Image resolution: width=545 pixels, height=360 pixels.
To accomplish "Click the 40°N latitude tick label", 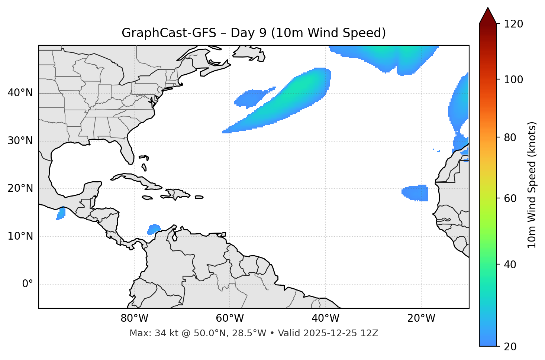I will coord(20,93).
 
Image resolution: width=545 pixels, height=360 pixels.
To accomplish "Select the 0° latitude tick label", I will coord(27,284).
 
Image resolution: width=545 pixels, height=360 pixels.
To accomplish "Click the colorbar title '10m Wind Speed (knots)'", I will coord(532,185).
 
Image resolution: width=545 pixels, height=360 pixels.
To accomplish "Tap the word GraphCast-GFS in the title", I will coord(169,33).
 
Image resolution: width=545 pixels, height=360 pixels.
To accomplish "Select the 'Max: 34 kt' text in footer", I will coord(146,333).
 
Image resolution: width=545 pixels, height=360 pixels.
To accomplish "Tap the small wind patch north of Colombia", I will coord(153,229).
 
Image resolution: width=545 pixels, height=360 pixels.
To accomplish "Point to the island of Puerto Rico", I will coord(199,197).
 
